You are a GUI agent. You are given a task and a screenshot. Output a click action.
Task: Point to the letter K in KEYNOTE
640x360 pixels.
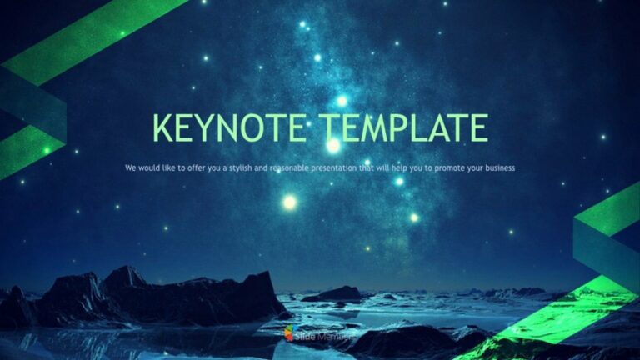[164, 128]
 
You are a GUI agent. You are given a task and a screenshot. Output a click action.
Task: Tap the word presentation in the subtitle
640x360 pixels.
[339, 168]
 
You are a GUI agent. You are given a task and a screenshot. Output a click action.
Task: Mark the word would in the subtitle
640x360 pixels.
[147, 168]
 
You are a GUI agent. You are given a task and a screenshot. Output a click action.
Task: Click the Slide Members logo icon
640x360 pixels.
[288, 333]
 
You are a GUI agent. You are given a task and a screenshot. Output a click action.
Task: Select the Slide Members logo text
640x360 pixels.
[317, 334]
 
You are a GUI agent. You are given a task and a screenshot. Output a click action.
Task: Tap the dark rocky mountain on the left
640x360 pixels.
[125, 296]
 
